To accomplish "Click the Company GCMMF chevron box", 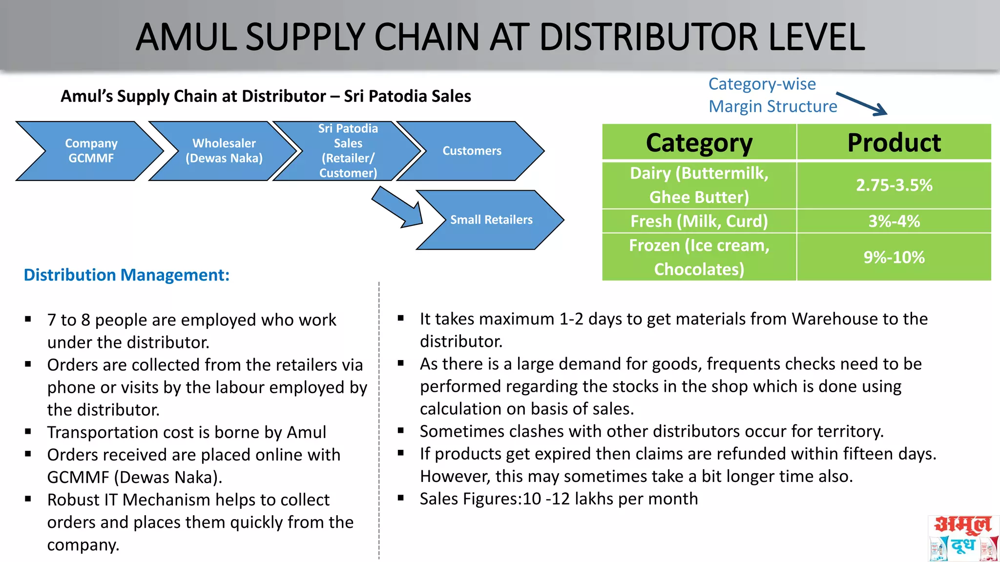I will (91, 151).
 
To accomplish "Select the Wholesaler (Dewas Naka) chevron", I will (224, 151).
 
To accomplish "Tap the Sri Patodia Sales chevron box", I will (348, 151).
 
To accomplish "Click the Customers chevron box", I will (472, 151).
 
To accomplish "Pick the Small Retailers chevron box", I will (491, 220).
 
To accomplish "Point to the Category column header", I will (699, 142).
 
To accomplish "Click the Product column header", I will (894, 142).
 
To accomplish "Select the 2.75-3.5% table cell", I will (894, 185).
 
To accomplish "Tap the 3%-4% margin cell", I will (894, 221).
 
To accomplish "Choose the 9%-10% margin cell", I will (894, 257).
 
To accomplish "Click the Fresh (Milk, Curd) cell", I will (699, 221).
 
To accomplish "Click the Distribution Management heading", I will (126, 275).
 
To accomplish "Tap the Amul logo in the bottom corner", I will (963, 538).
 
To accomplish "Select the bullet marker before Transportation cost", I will (28, 432).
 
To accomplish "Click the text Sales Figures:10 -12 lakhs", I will (559, 499).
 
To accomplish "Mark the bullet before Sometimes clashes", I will (401, 431).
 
